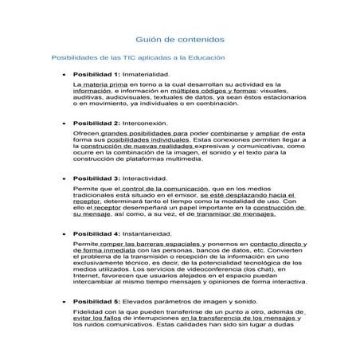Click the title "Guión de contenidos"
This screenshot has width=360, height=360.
pyautogui.click(x=179, y=38)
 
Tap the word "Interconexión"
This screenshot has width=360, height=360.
pyautogui.click(x=151, y=123)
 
